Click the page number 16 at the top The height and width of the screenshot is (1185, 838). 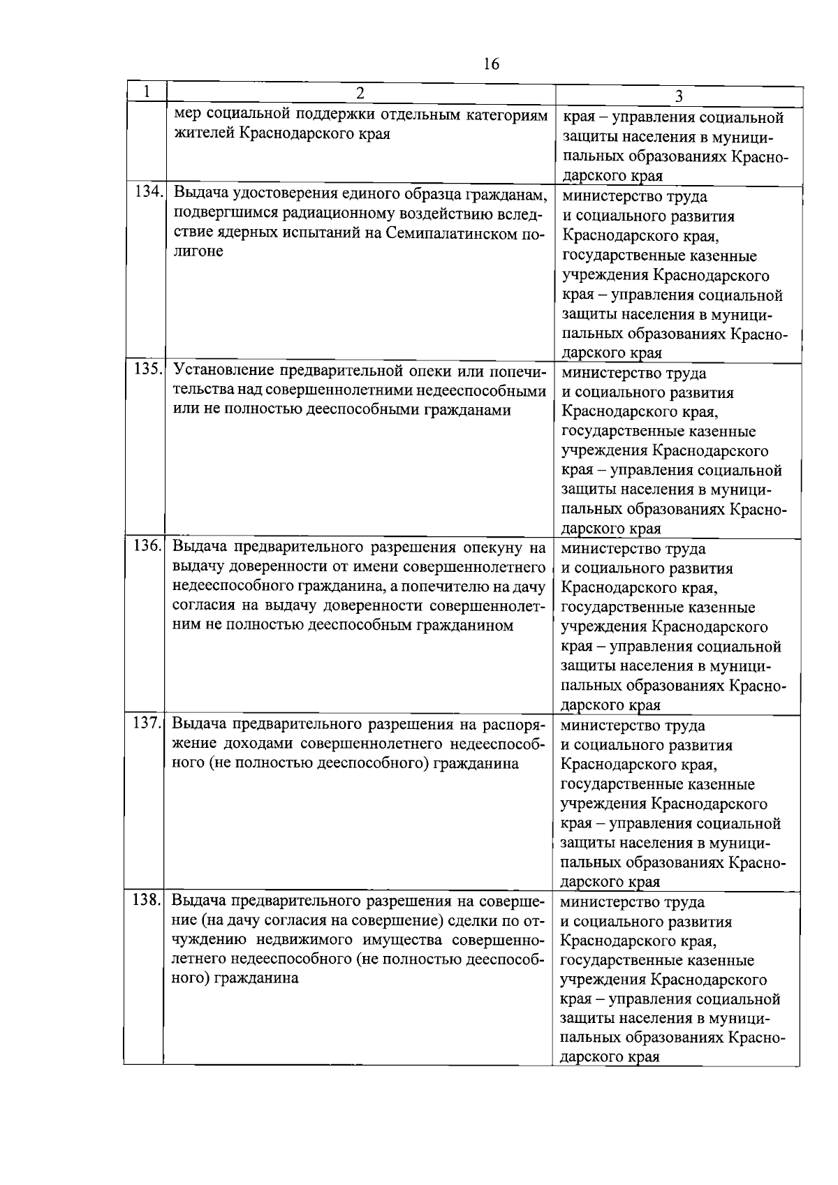click(x=491, y=64)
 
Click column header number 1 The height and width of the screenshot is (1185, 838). click(x=146, y=91)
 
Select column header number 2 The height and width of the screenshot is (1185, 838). click(x=360, y=93)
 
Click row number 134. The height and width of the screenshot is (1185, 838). click(x=147, y=192)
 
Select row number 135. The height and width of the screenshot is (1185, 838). click(x=147, y=369)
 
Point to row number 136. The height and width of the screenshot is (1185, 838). click(x=147, y=545)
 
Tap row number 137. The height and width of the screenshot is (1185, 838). click(x=147, y=722)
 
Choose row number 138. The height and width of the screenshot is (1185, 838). click(x=147, y=899)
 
